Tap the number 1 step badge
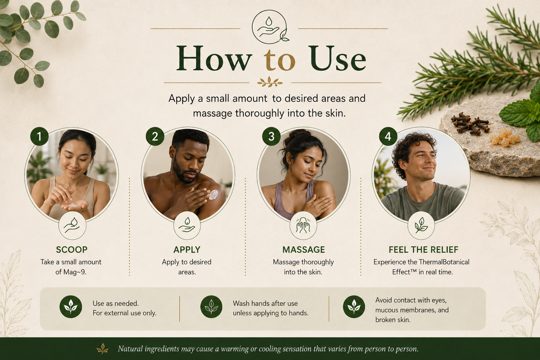click(x=39, y=136)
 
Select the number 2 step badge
click(x=155, y=136)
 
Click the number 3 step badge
click(x=271, y=136)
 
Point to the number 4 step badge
click(x=388, y=136)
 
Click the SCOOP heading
click(x=72, y=250)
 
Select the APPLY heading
click(x=187, y=250)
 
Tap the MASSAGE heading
click(x=304, y=250)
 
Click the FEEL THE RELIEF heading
click(x=423, y=250)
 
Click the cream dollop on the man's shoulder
click(x=213, y=195)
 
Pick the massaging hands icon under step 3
click(x=303, y=226)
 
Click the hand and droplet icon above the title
click(x=269, y=27)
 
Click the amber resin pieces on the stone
click(x=505, y=137)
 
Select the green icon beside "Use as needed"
click(x=71, y=307)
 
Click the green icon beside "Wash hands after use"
click(x=211, y=307)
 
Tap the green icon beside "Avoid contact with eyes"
click(x=354, y=307)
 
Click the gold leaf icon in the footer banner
click(x=102, y=349)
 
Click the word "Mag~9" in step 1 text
click(x=74, y=272)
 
